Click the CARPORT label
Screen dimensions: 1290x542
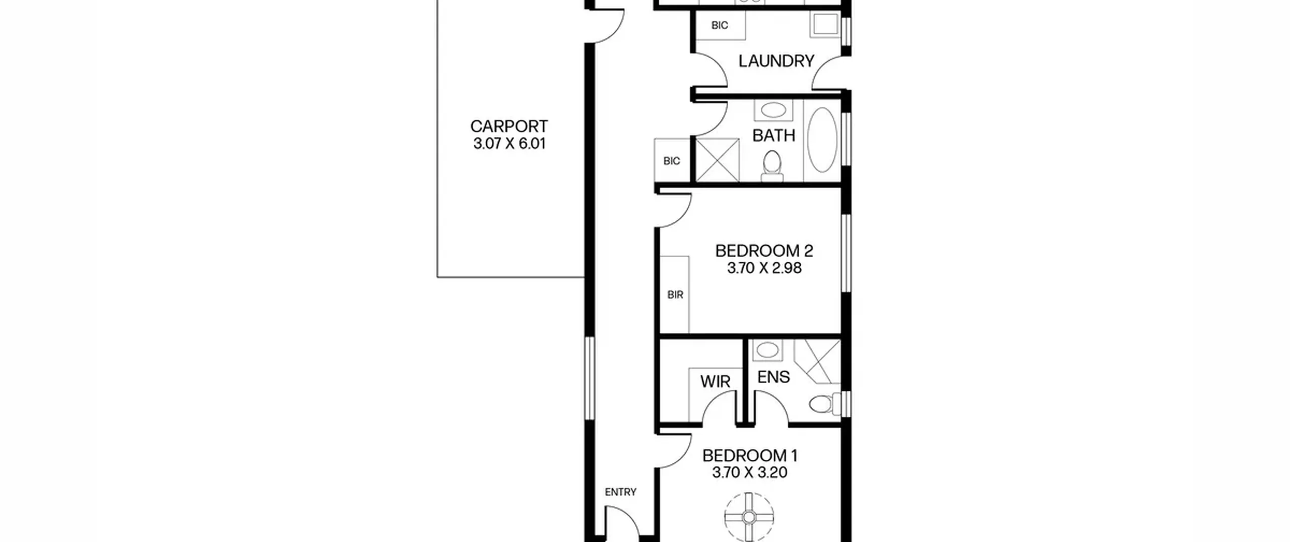point(509,126)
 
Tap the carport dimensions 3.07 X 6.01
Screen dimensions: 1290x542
point(509,144)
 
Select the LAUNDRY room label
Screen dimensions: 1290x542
point(776,62)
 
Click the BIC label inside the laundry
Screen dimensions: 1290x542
point(720,25)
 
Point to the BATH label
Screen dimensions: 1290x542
point(773,136)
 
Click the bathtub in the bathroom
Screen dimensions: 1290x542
point(822,140)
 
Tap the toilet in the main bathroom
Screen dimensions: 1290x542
point(772,166)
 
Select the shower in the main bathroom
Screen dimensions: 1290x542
point(718,160)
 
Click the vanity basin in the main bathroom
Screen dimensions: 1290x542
point(773,110)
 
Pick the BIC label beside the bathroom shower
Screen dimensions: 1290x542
point(672,161)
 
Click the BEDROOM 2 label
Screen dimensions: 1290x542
point(764,251)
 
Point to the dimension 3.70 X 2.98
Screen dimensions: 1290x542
point(764,268)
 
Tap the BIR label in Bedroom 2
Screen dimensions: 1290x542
point(675,295)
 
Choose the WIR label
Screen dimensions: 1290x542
point(715,382)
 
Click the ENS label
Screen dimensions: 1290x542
point(773,377)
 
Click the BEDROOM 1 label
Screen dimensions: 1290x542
point(750,456)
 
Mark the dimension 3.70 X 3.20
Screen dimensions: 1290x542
point(750,473)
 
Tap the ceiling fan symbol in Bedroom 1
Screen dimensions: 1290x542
point(749,517)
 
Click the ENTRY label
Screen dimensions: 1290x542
point(621,492)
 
